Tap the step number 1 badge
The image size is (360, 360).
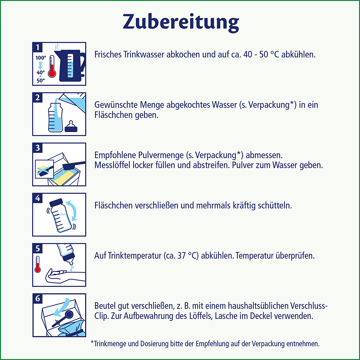pyautogui.click(x=37, y=47)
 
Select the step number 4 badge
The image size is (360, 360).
pyautogui.click(x=37, y=198)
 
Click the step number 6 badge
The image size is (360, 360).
pyautogui.click(x=37, y=298)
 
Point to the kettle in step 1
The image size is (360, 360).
pyautogui.click(x=71, y=65)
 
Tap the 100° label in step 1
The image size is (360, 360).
pyautogui.click(x=40, y=57)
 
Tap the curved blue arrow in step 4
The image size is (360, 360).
pyautogui.click(x=74, y=211)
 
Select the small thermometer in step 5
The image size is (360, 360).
pyautogui.click(x=37, y=265)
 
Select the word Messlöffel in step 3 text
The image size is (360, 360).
pyautogui.click(x=112, y=165)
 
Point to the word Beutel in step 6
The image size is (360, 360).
pyautogui.click(x=104, y=306)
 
